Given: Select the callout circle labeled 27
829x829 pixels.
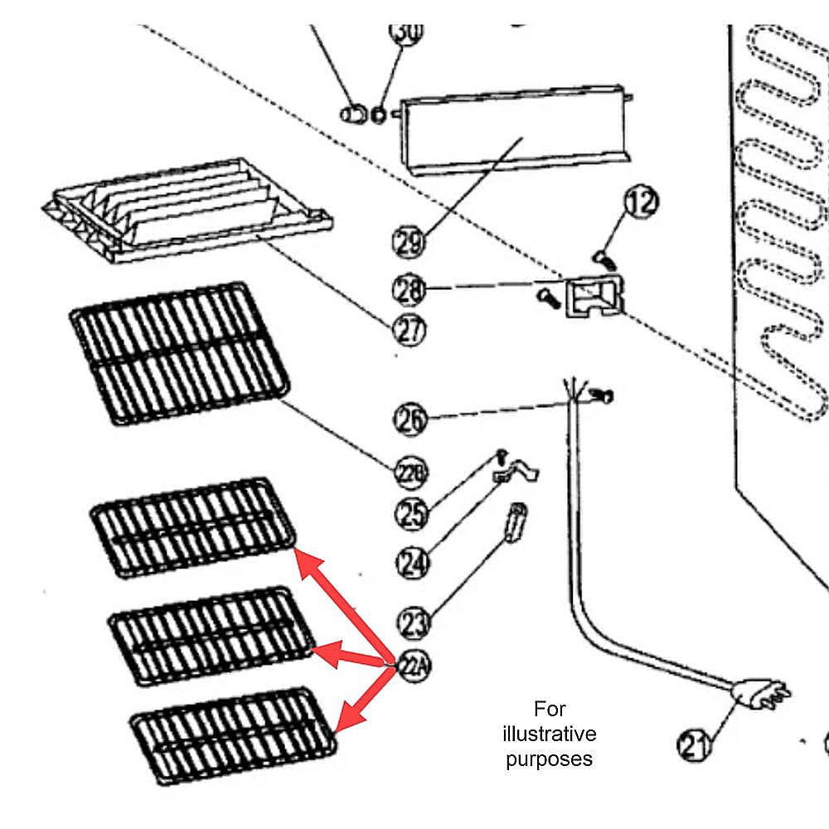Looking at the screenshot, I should pyautogui.click(x=409, y=330).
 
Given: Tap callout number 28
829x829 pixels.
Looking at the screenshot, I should pyautogui.click(x=409, y=289).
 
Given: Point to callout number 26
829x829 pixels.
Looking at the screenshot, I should pyautogui.click(x=410, y=419).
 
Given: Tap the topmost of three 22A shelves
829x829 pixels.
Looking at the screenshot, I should pyautogui.click(x=192, y=526).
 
